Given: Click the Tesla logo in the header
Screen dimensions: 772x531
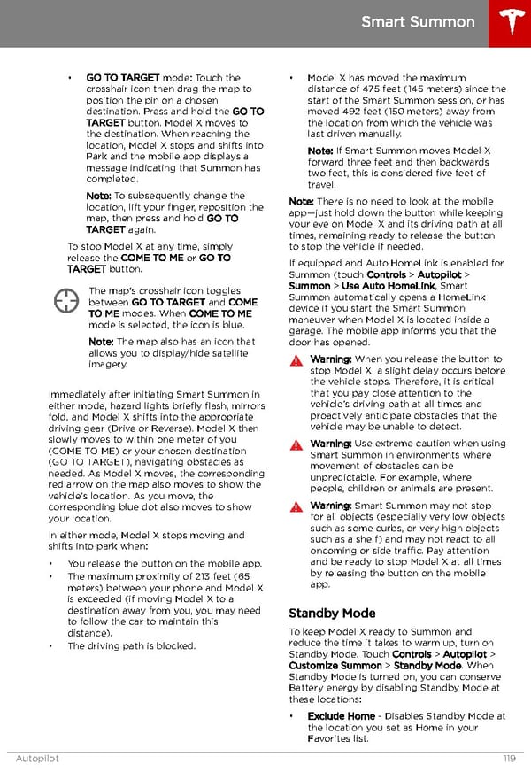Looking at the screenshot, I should click(512, 22).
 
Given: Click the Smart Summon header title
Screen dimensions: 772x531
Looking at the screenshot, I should click(418, 21).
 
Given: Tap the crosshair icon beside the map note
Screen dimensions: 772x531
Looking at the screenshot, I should click(66, 301).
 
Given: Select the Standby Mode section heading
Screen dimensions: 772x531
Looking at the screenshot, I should click(332, 613).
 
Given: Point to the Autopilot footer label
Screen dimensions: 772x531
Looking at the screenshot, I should click(37, 759).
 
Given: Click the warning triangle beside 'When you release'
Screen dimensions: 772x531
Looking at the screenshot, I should click(296, 360).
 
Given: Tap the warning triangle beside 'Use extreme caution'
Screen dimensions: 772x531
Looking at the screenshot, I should click(296, 444).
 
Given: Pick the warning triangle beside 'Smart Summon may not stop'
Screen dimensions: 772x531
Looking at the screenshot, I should click(296, 506).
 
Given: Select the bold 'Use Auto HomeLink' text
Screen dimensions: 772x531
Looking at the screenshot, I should click(388, 286).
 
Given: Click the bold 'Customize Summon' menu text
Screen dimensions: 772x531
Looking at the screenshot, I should click(335, 665).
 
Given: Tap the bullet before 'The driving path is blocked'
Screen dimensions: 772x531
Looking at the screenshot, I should click(51, 646).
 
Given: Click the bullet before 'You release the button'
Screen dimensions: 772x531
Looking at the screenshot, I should click(51, 564).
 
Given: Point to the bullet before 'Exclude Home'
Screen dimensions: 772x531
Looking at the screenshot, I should click(293, 716).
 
